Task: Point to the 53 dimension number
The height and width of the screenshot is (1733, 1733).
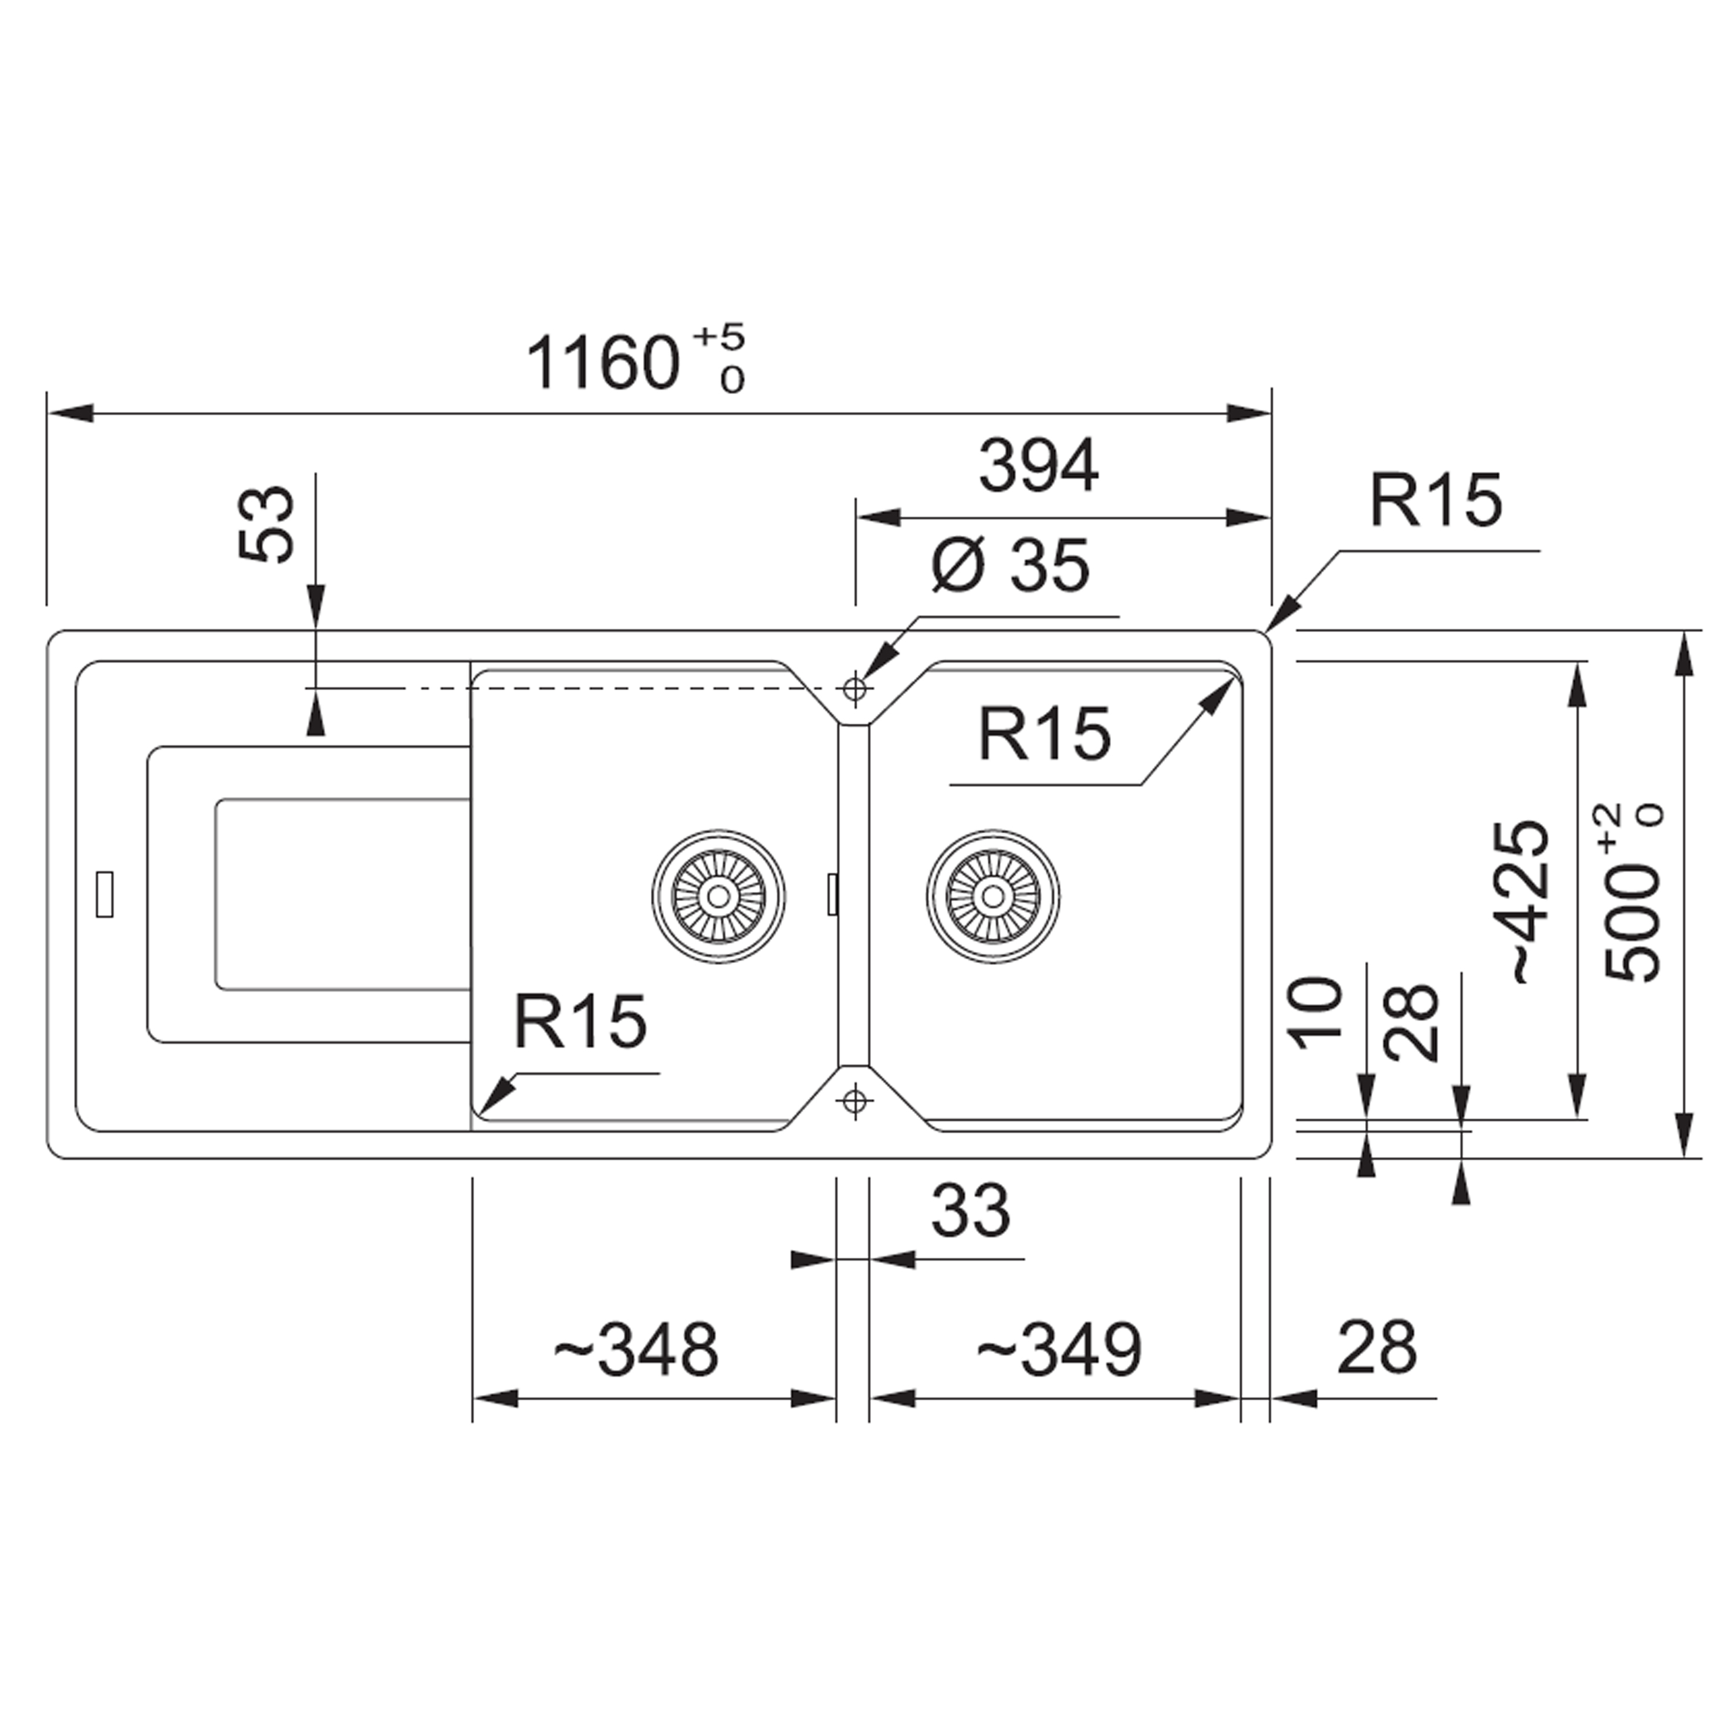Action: click(266, 524)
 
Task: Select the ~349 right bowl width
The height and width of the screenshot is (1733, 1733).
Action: click(1059, 1350)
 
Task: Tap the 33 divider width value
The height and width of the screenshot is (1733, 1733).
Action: click(971, 1211)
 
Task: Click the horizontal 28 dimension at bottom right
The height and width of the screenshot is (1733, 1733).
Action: click(1376, 1347)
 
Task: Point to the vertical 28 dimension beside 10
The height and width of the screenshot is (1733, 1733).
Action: click(1412, 1022)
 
